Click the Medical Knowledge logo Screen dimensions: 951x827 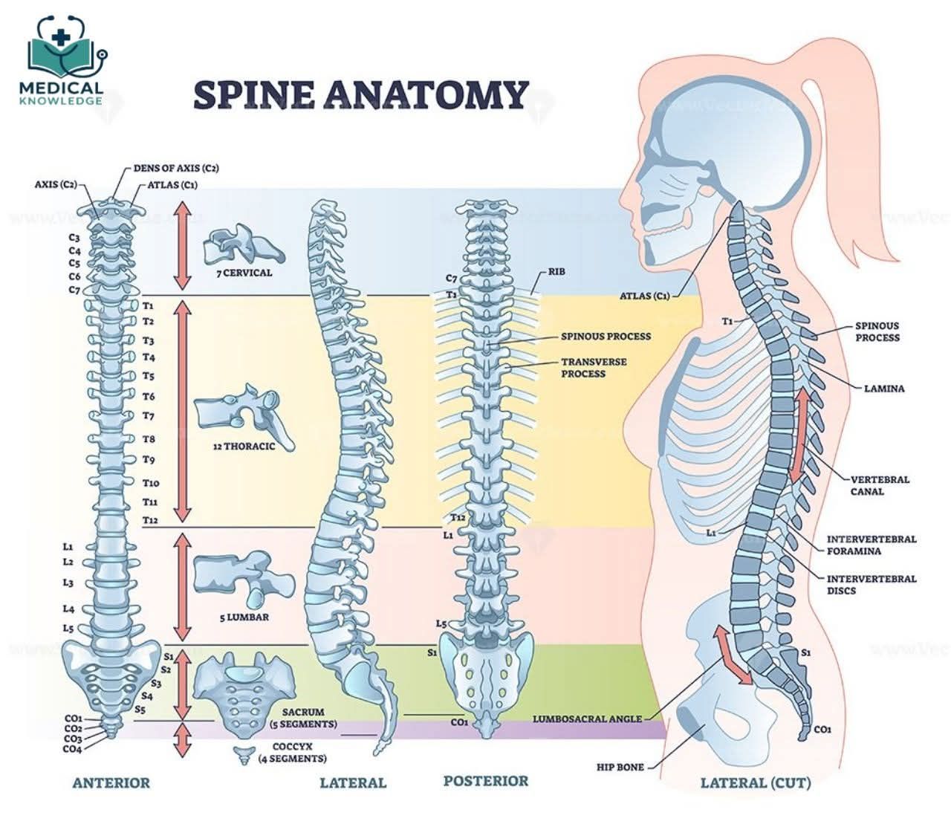pos(65,60)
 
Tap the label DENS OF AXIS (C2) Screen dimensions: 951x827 pos(176,168)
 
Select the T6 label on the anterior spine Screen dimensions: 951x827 pos(149,397)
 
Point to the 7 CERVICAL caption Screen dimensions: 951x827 pos(244,273)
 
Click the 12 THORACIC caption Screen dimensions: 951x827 pos(244,447)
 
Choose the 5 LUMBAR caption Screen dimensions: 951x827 pos(244,617)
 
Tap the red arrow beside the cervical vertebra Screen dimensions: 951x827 pos(182,246)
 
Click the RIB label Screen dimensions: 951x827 pos(556,271)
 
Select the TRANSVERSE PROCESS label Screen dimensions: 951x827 pos(594,368)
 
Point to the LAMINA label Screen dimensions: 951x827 pos(884,389)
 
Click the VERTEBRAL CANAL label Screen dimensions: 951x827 pos(880,485)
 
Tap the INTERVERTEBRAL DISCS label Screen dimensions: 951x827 pos(872,585)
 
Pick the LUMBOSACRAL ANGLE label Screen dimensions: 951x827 pos(587,719)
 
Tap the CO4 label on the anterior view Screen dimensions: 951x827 pos(73,750)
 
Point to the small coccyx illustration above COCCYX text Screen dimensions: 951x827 pos(244,756)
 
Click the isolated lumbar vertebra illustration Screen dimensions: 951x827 pos(243,577)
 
